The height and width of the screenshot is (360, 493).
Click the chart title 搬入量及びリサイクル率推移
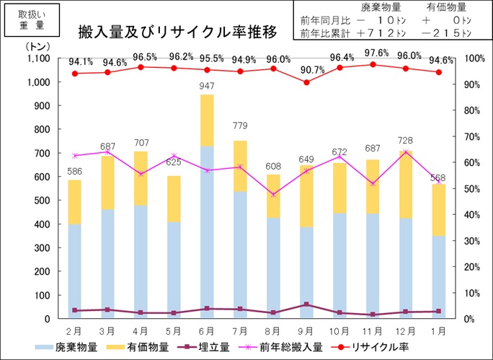click(x=178, y=32)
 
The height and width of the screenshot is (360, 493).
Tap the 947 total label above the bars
click(x=207, y=87)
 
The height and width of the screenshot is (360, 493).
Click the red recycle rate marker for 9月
click(x=307, y=82)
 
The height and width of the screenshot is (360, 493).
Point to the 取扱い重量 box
click(x=30, y=19)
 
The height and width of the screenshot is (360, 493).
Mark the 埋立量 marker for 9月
click(x=307, y=304)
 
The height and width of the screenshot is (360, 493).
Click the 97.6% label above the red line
click(x=373, y=53)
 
